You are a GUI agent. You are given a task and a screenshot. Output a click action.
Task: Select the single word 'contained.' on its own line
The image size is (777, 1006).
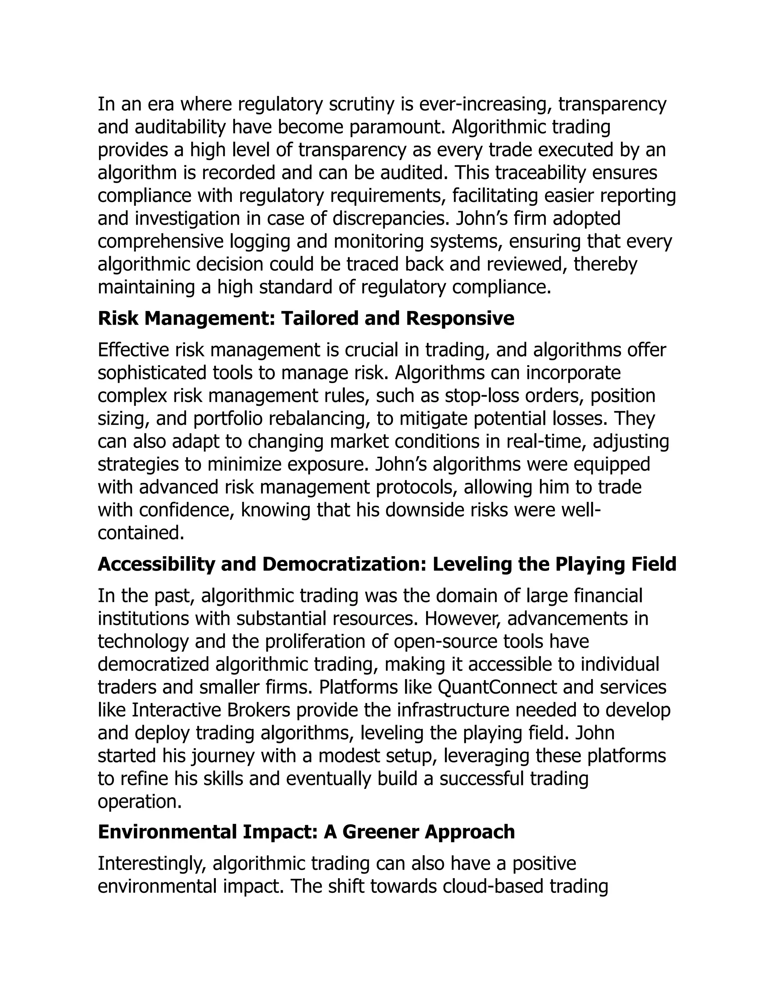(141, 533)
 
